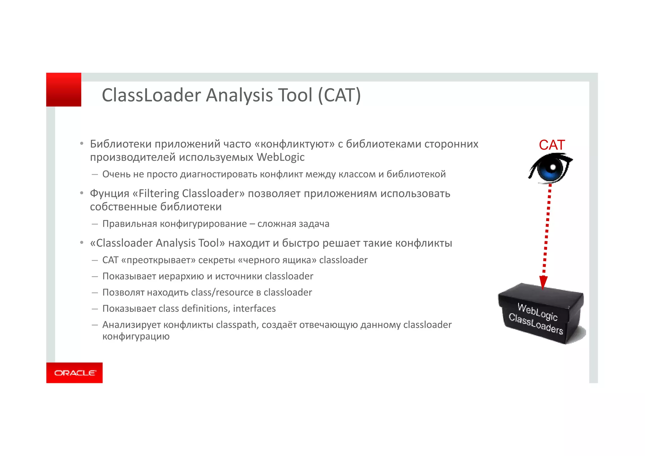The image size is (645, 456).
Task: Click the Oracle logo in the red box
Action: coord(75,373)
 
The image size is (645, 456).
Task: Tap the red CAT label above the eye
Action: coord(552,145)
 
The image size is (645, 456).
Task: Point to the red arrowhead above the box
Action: coord(543,282)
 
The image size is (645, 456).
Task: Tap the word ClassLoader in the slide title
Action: coord(151,95)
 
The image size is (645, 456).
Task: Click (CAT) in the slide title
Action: coord(339,95)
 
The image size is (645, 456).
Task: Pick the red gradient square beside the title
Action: coord(64,90)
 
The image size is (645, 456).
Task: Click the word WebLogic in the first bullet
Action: coord(280,157)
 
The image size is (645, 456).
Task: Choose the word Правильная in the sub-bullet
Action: coord(130,224)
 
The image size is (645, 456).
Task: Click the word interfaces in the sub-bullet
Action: coord(254,309)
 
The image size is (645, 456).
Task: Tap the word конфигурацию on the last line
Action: coord(136,337)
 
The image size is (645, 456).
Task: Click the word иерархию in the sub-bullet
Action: coord(181,276)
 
